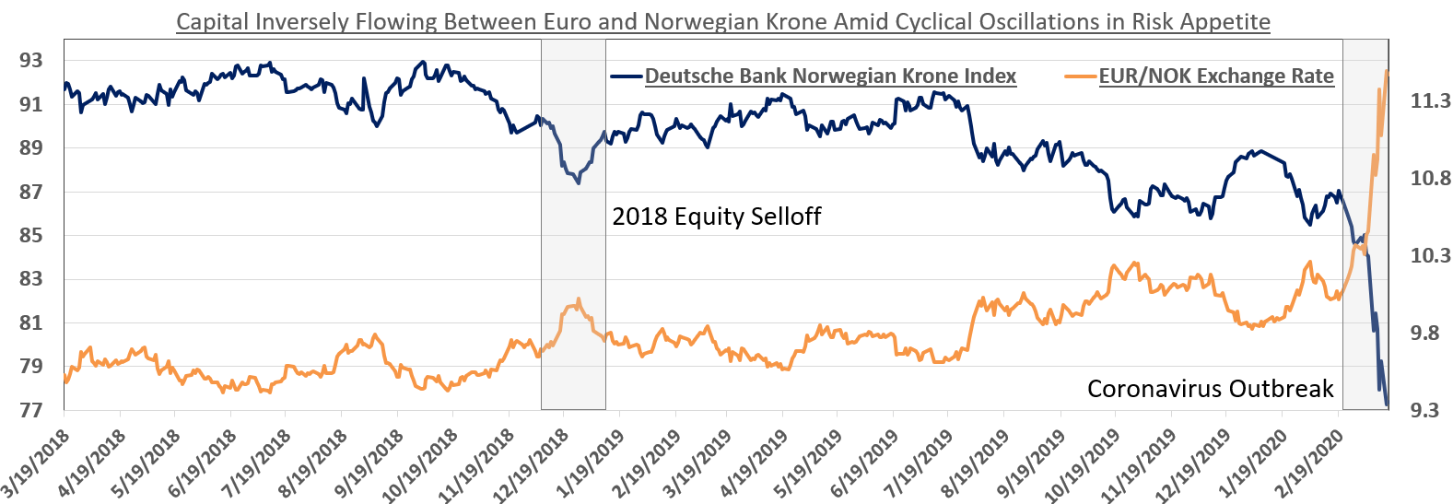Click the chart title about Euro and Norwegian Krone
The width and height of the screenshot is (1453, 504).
pyautogui.click(x=723, y=21)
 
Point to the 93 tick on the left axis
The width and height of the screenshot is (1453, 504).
pyautogui.click(x=30, y=61)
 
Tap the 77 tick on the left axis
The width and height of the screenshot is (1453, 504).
pyautogui.click(x=30, y=410)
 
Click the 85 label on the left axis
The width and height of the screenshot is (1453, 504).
pyautogui.click(x=30, y=235)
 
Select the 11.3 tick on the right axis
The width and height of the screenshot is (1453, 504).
pyautogui.click(x=1430, y=100)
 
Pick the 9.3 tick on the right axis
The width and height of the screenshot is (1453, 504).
pyautogui.click(x=1424, y=410)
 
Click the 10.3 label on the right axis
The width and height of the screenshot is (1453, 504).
pyautogui.click(x=1430, y=255)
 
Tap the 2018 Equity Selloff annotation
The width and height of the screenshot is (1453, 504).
pyautogui.click(x=716, y=217)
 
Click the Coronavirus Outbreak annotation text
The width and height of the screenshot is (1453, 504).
pyautogui.click(x=1210, y=389)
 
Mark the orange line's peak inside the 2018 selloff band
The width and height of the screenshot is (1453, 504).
pyautogui.click(x=578, y=299)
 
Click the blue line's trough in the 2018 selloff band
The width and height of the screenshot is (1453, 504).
pyautogui.click(x=578, y=182)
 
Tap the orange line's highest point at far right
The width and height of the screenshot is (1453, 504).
pyautogui.click(x=1387, y=71)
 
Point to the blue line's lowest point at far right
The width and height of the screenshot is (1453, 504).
pyautogui.click(x=1388, y=404)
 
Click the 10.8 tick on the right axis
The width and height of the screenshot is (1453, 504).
pyautogui.click(x=1430, y=178)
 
